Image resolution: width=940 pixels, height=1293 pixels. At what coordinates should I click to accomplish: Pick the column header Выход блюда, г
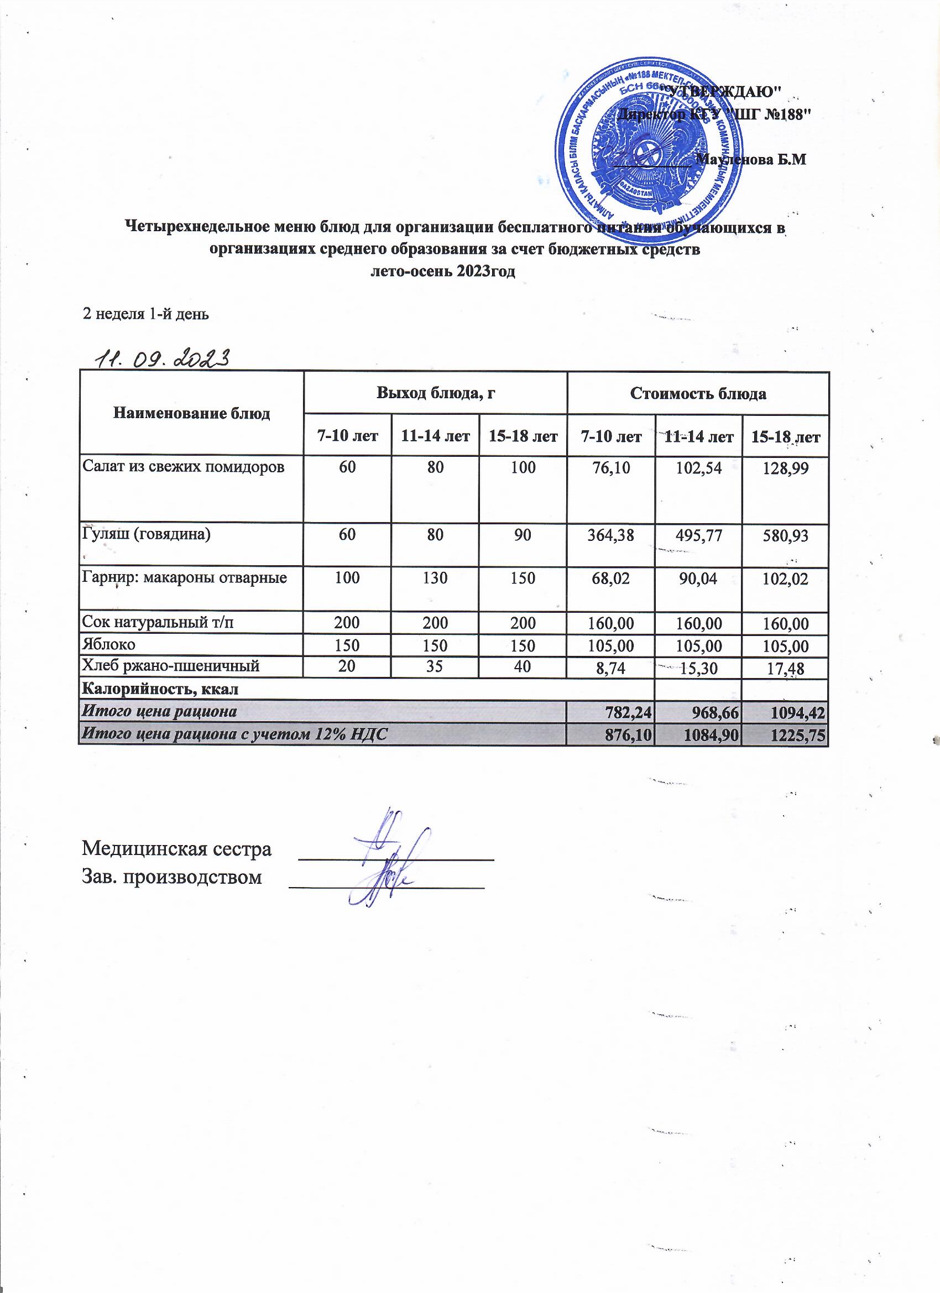[435, 393]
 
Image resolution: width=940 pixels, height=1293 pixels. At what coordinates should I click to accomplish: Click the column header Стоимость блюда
[698, 393]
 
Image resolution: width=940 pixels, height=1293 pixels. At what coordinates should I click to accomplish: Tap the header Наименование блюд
[191, 414]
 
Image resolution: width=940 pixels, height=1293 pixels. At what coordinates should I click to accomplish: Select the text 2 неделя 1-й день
[147, 314]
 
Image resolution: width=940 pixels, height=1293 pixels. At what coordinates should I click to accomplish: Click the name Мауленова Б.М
[752, 160]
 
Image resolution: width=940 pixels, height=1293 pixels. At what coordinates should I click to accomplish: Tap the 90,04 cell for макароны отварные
[699, 579]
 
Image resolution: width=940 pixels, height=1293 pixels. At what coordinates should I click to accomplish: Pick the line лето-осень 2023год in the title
[443, 272]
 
